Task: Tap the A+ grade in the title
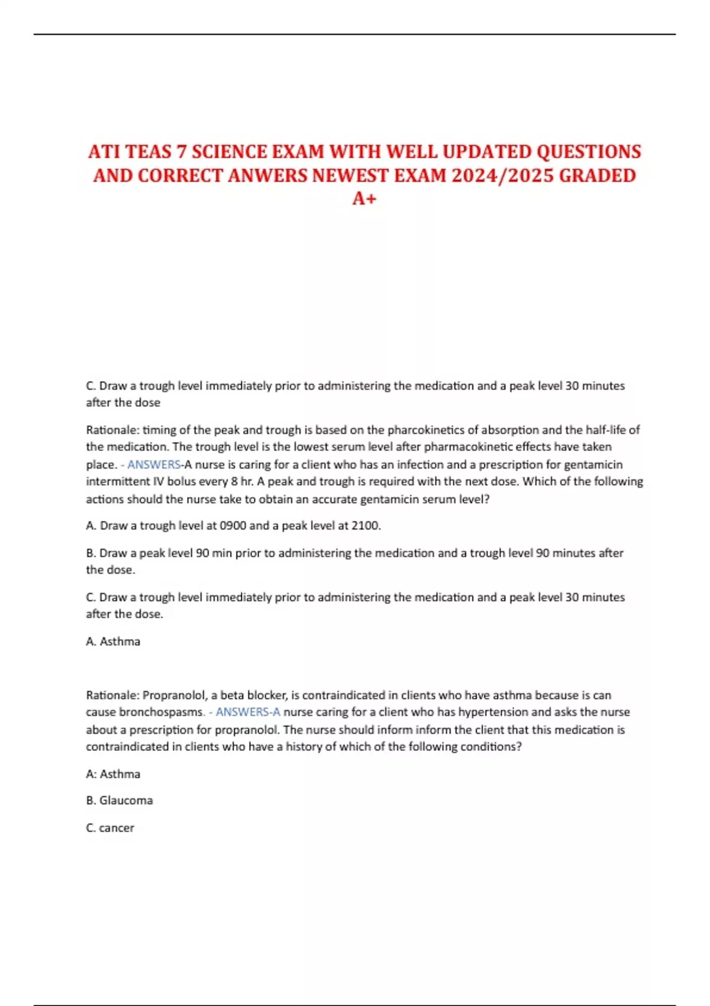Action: click(364, 199)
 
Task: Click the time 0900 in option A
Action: click(233, 525)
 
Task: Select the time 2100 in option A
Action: click(366, 525)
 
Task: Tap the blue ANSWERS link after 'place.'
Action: click(154, 465)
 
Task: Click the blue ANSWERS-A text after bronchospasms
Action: click(248, 712)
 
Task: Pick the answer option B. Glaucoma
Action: click(120, 800)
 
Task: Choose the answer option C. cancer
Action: click(110, 828)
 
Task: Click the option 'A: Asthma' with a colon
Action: click(113, 774)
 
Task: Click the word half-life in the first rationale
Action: click(605, 430)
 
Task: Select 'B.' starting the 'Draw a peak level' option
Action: click(91, 553)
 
